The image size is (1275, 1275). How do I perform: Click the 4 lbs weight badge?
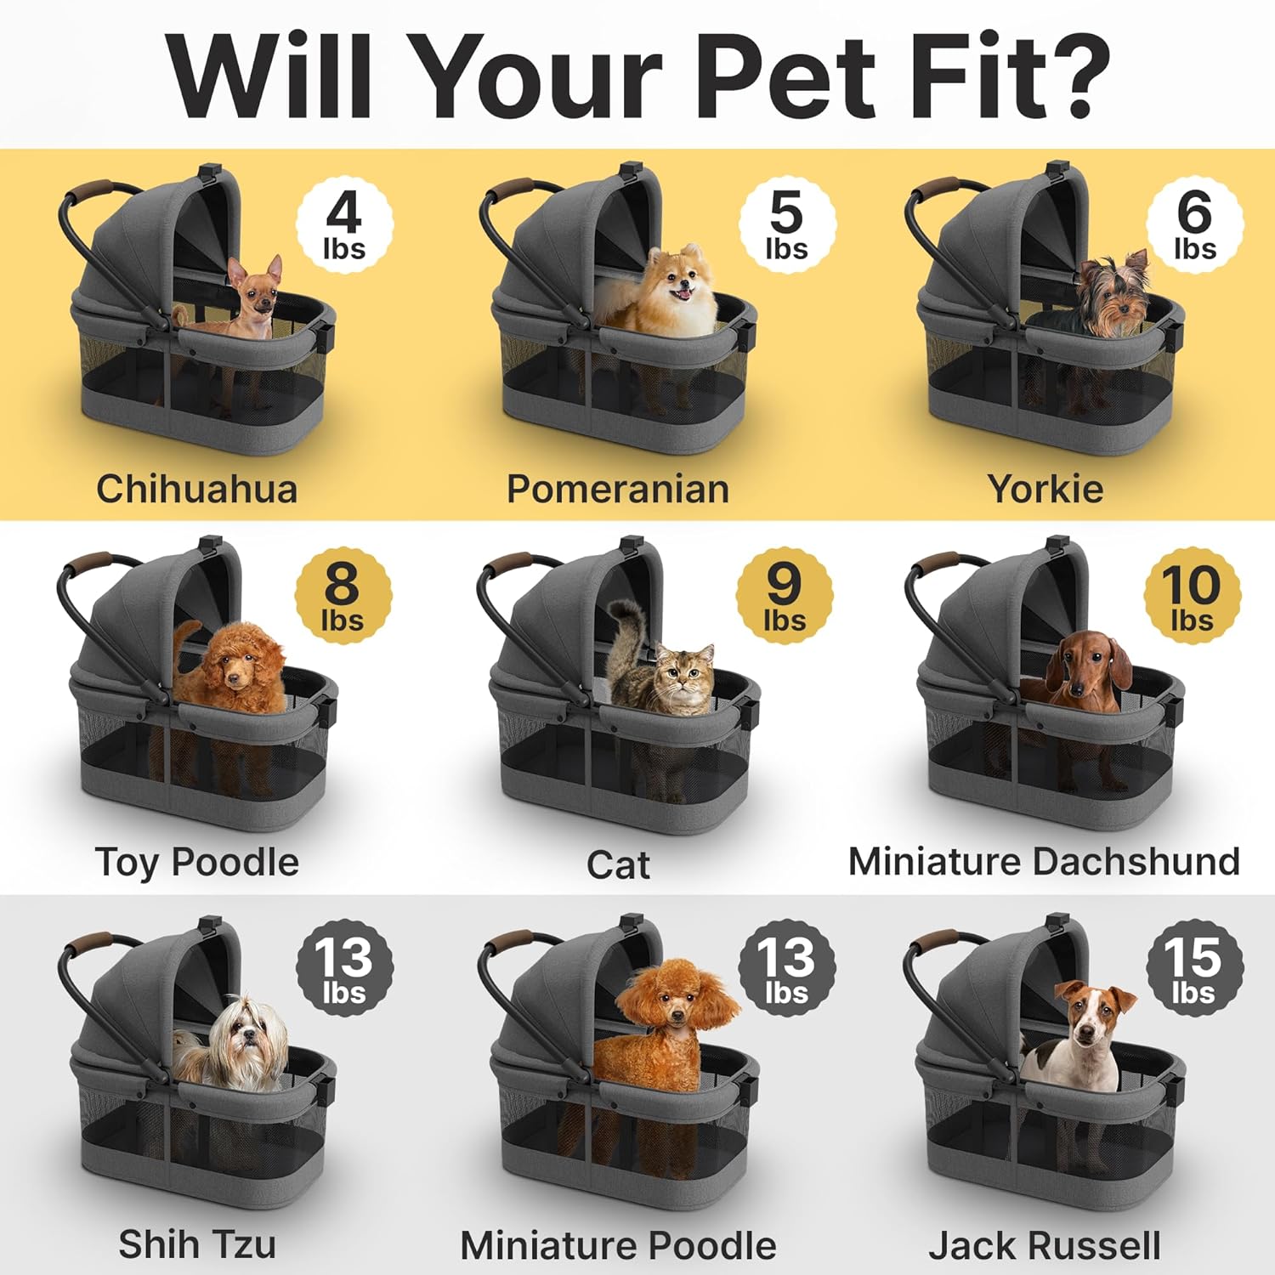pos(344,225)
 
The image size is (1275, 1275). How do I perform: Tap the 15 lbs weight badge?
pos(1194,968)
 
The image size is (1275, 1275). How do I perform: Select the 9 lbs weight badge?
pos(785,596)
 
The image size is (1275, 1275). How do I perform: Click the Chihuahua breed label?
pos(196,489)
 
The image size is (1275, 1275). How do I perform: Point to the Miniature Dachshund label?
pos(1044,861)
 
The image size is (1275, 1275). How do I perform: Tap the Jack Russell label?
pos(1045,1245)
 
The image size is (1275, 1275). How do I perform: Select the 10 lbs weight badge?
pos(1193,596)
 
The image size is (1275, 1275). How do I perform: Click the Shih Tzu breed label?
pos(197,1244)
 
